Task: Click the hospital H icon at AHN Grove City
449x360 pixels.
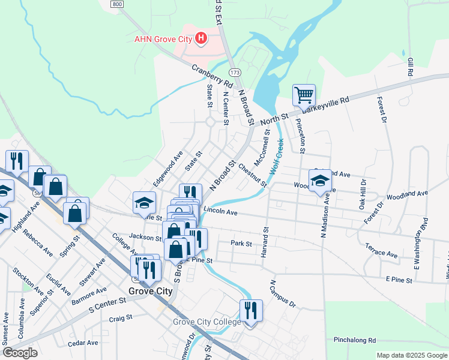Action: pos(202,40)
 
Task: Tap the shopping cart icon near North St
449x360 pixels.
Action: pos(304,95)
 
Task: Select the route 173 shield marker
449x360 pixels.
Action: pos(235,72)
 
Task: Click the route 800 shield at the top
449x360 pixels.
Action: pos(117,4)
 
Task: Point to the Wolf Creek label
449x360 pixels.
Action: pos(276,157)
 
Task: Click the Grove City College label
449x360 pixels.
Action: pos(206,322)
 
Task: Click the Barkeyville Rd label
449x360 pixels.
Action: pos(325,104)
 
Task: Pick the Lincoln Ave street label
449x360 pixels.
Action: pos(220,211)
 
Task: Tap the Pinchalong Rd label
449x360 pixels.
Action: pos(355,340)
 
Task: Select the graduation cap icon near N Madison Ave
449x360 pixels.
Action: pos(320,181)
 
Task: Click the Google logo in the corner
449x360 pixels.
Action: pos(20,353)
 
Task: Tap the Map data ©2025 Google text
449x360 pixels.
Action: pos(411,355)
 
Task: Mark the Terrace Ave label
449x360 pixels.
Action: pos(381,250)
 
